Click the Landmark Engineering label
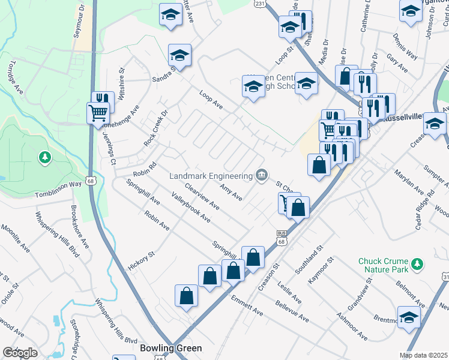[209, 176]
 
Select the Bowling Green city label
[170, 348]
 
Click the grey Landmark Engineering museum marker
[261, 175]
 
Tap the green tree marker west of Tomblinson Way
[44, 158]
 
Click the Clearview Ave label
[202, 196]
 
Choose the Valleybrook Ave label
[190, 208]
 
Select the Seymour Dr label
[78, 23]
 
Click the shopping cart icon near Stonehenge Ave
[98, 112]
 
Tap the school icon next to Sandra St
[179, 56]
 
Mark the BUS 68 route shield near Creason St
[281, 235]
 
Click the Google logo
[20, 353]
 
